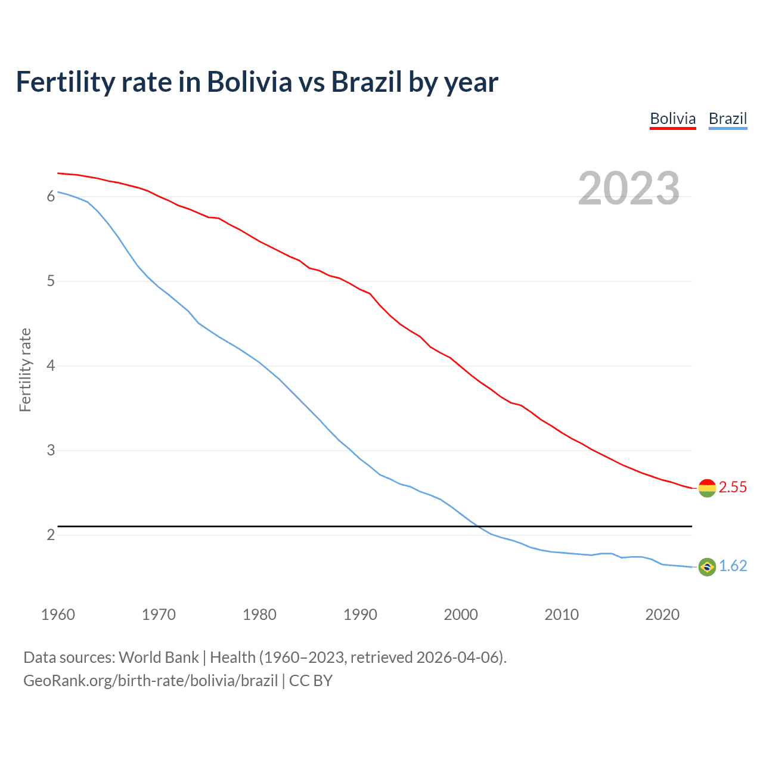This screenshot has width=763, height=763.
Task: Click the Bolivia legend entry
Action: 672,119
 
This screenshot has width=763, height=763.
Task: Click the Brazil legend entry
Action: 727,119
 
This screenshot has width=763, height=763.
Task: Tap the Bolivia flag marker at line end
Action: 706,488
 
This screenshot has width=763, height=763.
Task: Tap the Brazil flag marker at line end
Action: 706,567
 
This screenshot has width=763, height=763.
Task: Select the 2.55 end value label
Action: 733,488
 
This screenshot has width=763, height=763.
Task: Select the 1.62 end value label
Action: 733,566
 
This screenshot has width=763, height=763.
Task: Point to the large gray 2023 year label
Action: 628,188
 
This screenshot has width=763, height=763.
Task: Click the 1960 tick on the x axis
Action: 58,615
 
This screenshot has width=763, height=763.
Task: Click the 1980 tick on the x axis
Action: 259,615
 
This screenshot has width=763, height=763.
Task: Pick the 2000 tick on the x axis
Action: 461,615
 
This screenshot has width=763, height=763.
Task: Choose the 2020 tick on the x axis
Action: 662,615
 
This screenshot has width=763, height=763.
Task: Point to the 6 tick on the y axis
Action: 51,196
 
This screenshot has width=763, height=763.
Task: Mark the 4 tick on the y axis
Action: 51,365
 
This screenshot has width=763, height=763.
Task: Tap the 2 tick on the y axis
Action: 51,535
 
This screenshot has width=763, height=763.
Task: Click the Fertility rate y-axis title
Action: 25,370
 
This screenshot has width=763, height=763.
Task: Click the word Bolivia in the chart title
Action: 249,82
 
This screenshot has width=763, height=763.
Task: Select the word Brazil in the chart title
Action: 367,82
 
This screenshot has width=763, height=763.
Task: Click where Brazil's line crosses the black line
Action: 477,526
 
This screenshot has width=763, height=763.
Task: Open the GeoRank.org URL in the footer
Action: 150,681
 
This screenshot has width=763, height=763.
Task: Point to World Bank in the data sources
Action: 159,657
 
